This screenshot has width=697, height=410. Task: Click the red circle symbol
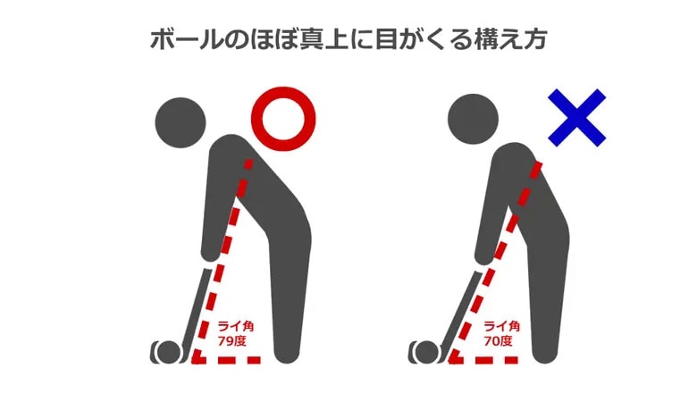pyautogui.click(x=284, y=118)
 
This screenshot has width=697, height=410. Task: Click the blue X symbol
pyautogui.click(x=576, y=116)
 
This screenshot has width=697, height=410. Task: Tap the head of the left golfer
pyautogui.click(x=181, y=120)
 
